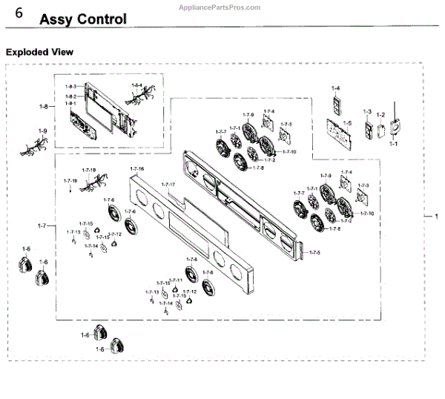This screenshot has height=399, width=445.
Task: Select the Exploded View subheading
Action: [39, 53]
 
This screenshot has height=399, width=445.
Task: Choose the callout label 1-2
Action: [380, 114]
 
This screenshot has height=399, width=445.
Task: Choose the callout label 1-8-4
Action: [136, 86]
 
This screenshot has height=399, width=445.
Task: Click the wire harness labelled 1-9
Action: [33, 146]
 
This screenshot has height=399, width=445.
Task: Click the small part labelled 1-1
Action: [394, 128]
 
